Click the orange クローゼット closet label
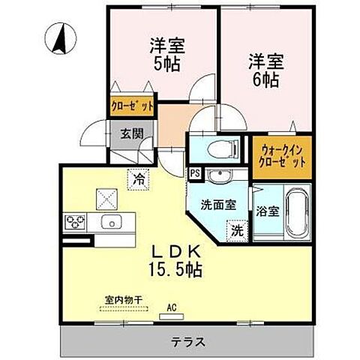coord(133,106)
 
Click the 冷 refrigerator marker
coord(139,179)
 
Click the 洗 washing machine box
coord(235,230)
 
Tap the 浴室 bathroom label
coord(267,211)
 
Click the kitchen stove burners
coord(76,222)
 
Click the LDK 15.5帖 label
coord(178,259)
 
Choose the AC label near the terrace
coord(170,306)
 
